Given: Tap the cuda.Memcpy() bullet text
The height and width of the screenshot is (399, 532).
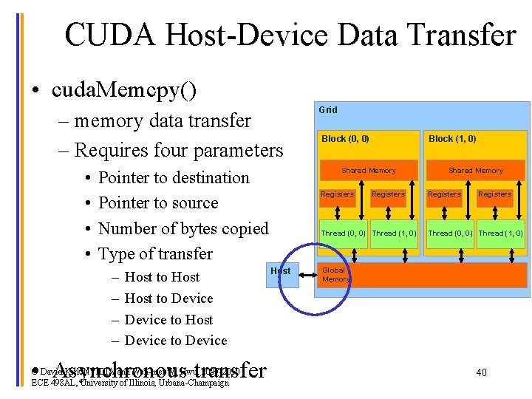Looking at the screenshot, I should pos(124,90).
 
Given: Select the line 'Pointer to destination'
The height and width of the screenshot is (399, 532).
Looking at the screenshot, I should pos(174,177).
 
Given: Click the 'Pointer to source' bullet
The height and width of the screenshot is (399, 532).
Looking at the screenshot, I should pos(158,203).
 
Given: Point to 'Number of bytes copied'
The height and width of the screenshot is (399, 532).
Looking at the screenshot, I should pos(183,228).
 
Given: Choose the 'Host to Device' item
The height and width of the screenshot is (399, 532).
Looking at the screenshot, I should pos(168,299).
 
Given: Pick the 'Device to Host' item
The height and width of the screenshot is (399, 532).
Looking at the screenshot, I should pos(168,320).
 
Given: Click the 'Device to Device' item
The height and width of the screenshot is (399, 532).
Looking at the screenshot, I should pos(176,341).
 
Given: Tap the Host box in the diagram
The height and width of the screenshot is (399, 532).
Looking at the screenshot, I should pos(280,271).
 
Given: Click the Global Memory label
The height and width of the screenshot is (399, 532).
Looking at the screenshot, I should pos(335,275).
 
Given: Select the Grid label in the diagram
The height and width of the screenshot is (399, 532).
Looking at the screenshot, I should pos(327,110).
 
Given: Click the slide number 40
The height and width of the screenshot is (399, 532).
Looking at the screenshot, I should pos(481,372).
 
